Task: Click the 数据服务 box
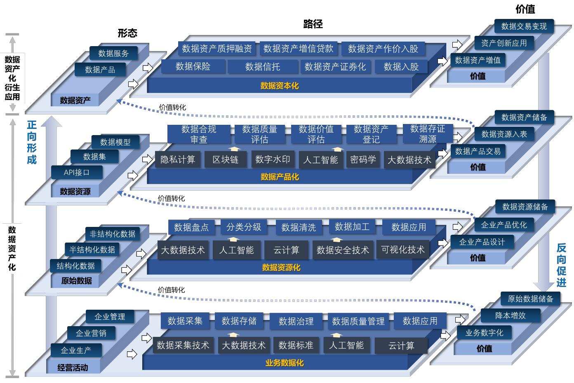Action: (x=113, y=53)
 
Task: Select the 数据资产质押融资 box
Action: (x=217, y=48)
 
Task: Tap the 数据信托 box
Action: (x=263, y=67)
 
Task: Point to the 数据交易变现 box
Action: (x=524, y=26)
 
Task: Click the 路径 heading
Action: (x=313, y=24)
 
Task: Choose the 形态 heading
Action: (x=127, y=33)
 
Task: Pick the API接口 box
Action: (x=77, y=173)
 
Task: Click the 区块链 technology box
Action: (x=226, y=160)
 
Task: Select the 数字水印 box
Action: (x=273, y=159)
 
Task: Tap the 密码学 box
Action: (x=363, y=159)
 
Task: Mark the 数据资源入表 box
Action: (x=504, y=134)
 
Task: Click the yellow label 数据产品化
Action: (x=280, y=177)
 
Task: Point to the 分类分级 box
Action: (x=244, y=227)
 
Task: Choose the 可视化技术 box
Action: (x=403, y=250)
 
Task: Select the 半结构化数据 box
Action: (x=92, y=250)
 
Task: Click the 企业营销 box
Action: (x=91, y=333)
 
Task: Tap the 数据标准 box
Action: (x=296, y=345)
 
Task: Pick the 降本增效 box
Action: (x=510, y=315)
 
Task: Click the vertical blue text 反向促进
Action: (x=561, y=265)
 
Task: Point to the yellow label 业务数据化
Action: (x=285, y=363)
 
